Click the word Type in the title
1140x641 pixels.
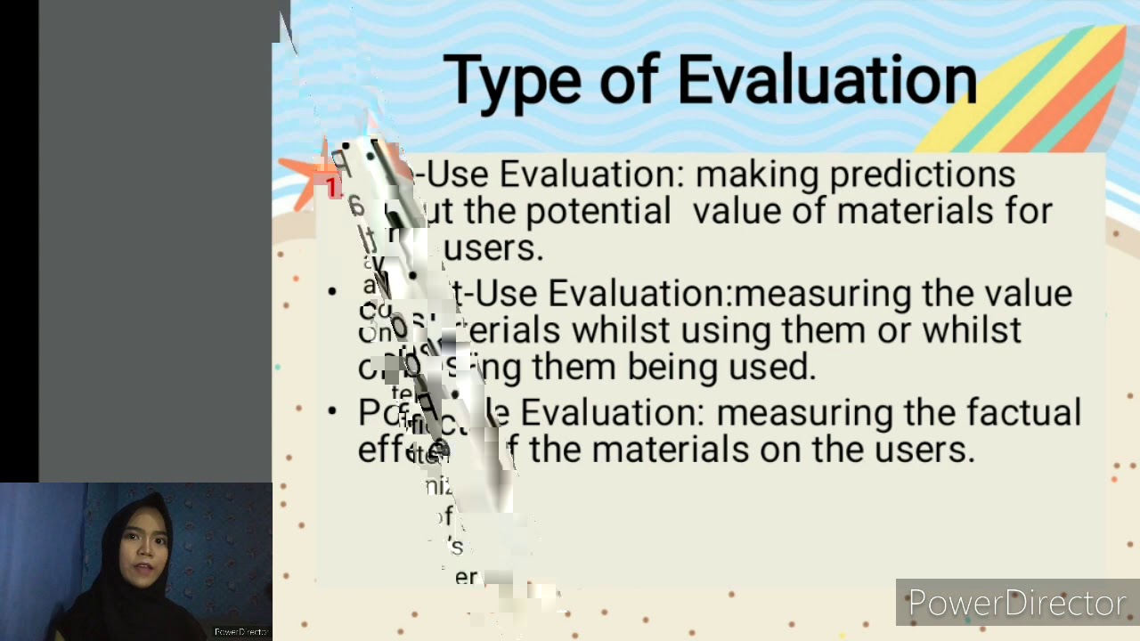pos(512,80)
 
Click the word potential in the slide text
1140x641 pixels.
pos(598,212)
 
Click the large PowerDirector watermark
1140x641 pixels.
pos(1017,604)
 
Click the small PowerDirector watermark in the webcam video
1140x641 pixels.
pos(240,632)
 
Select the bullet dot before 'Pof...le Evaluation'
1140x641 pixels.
pos(332,411)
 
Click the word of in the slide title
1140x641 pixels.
pos(627,80)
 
